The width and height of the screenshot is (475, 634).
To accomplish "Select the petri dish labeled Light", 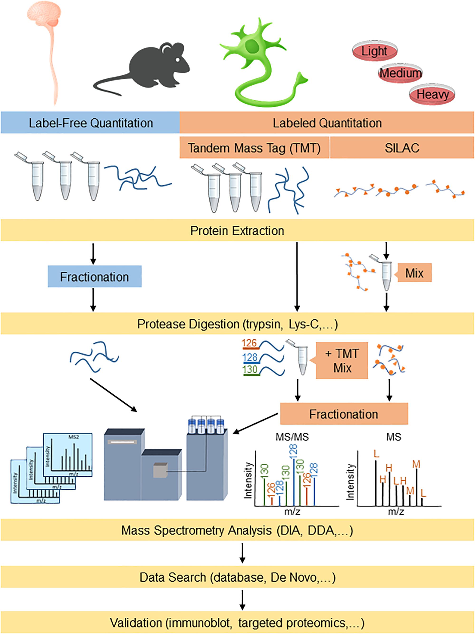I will point(374,51).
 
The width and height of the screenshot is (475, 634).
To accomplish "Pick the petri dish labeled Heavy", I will point(432,94).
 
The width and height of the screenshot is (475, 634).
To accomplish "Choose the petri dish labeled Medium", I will point(400,73).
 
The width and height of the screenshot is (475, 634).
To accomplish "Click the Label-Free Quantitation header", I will point(91,123).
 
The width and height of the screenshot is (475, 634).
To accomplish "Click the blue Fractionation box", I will point(95,277).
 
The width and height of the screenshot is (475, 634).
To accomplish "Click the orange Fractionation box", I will point(344,414).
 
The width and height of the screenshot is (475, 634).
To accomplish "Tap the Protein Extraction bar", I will point(237,231).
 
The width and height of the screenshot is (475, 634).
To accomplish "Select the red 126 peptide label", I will point(249,343).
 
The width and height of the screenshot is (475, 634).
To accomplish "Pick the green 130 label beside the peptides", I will point(250,369).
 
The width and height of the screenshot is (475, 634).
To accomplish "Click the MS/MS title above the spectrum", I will point(292,437).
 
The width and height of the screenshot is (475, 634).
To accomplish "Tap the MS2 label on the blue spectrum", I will point(74,437).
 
